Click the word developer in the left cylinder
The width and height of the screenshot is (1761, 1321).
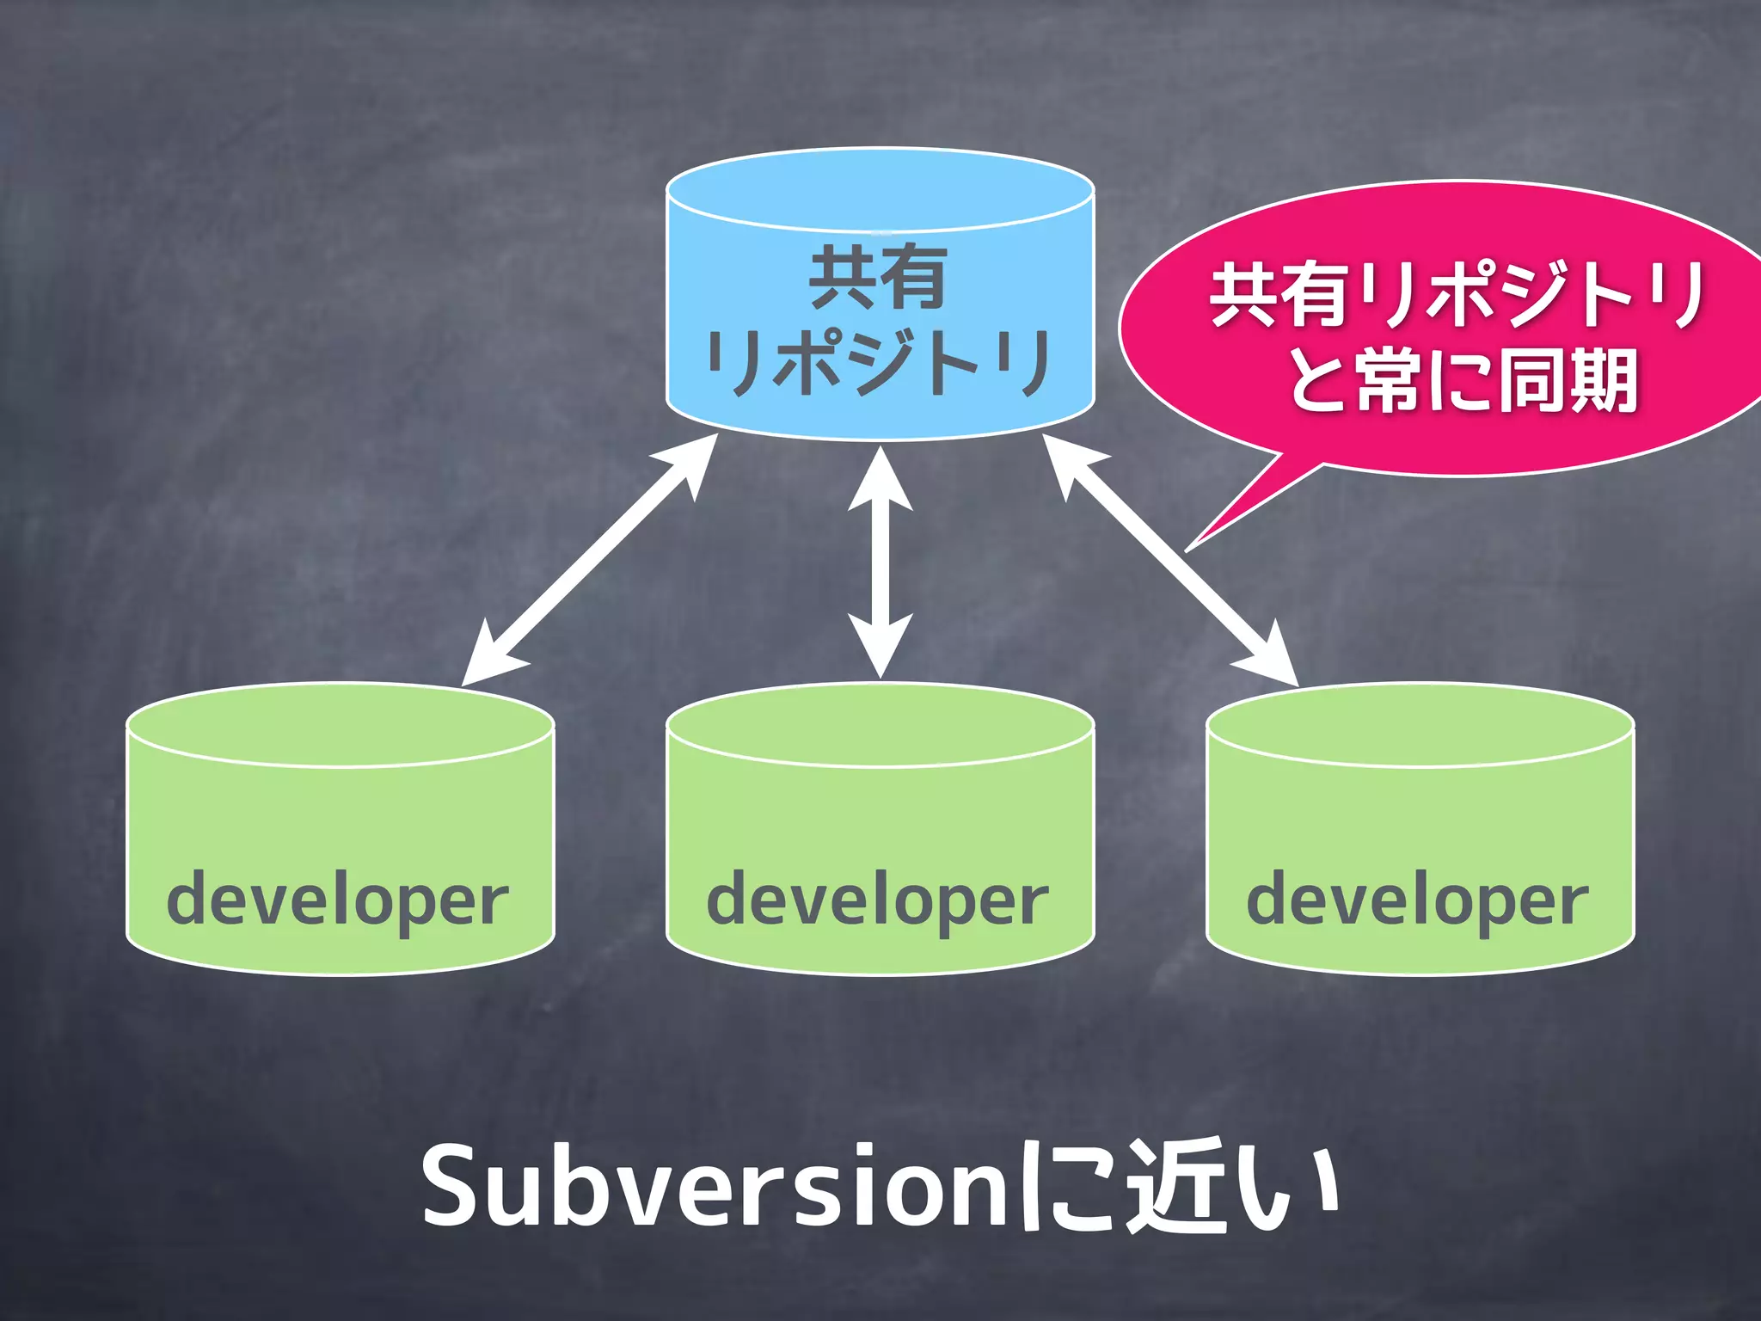tap(337, 900)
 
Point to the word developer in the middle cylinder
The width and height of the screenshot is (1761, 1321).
tap(877, 900)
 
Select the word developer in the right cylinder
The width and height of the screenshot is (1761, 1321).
tap(1417, 900)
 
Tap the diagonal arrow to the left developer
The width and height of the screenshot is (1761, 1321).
tap(590, 560)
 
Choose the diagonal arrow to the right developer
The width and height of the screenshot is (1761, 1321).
tap(1169, 560)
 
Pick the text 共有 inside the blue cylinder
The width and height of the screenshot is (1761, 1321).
tap(878, 277)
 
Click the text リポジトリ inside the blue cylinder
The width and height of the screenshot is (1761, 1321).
tap(878, 363)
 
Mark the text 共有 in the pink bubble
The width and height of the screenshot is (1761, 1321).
tap(1279, 295)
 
